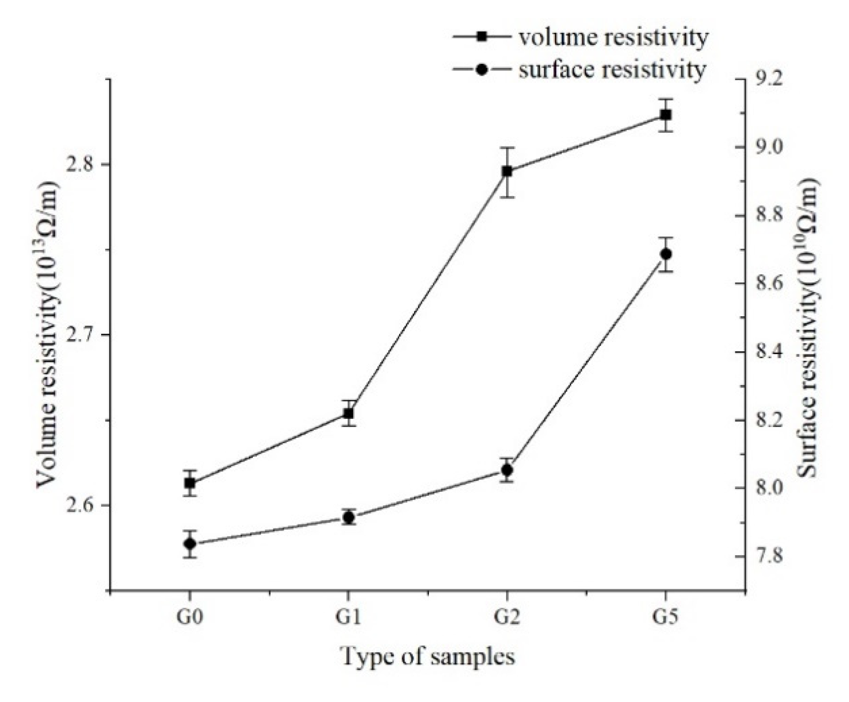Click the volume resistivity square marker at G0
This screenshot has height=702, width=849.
tap(189, 483)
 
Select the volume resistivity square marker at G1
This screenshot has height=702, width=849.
tap(348, 413)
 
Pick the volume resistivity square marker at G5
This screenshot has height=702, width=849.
tap(666, 115)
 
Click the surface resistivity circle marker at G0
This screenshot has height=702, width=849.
tap(189, 544)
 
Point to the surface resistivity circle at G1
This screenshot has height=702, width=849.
tap(348, 518)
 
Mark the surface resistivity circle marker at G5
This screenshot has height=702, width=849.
tap(666, 254)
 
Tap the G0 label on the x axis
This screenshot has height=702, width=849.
tap(189, 619)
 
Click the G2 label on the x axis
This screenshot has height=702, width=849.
tap(506, 619)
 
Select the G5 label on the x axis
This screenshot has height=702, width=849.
tap(665, 619)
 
